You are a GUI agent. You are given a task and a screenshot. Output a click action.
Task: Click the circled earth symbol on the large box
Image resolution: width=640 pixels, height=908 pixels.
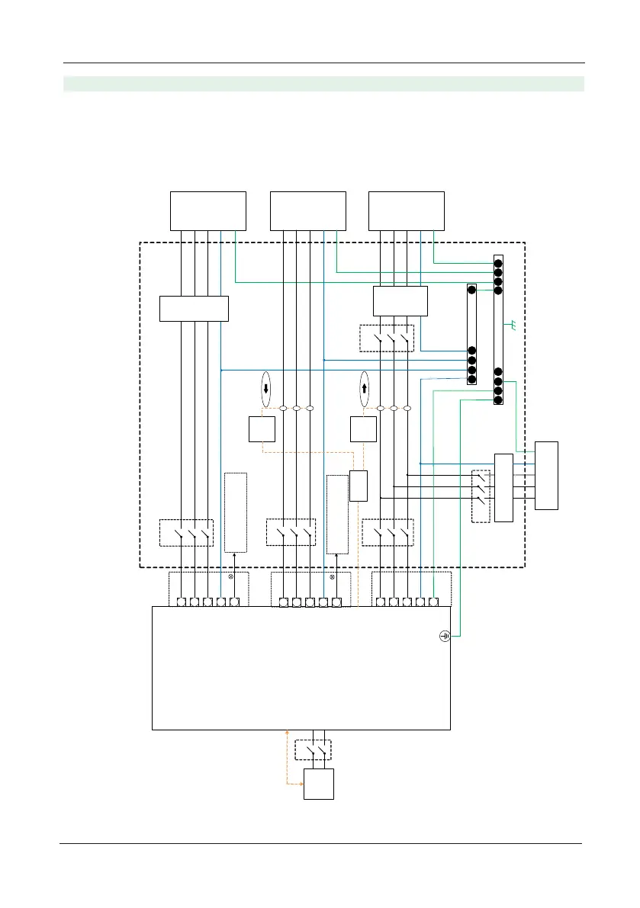tap(445, 636)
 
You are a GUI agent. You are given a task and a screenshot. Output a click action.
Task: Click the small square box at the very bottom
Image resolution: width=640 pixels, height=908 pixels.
tap(319, 784)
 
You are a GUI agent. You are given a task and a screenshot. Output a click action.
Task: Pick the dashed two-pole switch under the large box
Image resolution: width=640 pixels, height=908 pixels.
tap(314, 750)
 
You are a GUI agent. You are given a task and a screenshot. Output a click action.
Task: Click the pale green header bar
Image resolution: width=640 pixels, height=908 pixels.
tap(323, 84)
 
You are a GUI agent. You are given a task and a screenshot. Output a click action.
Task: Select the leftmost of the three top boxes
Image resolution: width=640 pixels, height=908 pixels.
tap(208, 210)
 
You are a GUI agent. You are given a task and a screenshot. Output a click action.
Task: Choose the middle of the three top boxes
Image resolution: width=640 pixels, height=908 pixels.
tap(308, 210)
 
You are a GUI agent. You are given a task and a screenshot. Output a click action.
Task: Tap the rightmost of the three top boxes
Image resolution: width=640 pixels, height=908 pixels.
tap(407, 210)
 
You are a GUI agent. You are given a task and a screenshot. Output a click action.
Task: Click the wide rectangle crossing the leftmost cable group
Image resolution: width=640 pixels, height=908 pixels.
tap(194, 308)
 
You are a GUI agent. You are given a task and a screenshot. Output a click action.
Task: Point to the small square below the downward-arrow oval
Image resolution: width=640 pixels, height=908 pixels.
tap(262, 430)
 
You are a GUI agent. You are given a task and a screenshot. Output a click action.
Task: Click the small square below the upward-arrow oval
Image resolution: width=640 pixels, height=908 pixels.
tap(362, 430)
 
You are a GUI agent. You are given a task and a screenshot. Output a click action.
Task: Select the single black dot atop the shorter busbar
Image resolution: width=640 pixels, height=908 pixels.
tap(471, 291)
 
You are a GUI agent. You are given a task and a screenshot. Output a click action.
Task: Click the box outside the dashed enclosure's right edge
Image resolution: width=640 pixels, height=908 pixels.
tap(546, 475)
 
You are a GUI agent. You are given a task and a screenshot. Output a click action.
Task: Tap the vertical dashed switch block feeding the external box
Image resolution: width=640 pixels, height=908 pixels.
tap(480, 496)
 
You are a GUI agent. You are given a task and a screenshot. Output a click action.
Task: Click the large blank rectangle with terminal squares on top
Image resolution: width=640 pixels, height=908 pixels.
tap(301, 668)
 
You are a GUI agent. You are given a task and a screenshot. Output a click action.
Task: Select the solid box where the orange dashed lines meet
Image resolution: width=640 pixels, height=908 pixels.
tap(359, 486)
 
